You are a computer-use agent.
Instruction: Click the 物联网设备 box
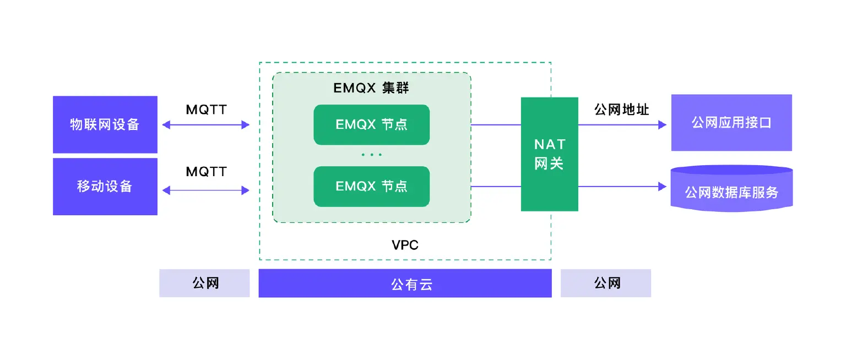pyautogui.click(x=105, y=124)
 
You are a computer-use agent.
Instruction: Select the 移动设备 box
pyautogui.click(x=105, y=187)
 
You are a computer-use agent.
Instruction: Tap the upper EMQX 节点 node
pyautogui.click(x=371, y=125)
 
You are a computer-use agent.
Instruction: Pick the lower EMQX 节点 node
pyautogui.click(x=371, y=187)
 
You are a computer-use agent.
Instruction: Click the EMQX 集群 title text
pyautogui.click(x=371, y=88)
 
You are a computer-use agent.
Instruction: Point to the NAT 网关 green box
pyautogui.click(x=549, y=154)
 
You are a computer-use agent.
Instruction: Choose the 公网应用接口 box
pyautogui.click(x=731, y=123)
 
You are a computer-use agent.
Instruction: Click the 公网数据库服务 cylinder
pyautogui.click(x=731, y=192)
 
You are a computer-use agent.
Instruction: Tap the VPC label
pyautogui.click(x=405, y=245)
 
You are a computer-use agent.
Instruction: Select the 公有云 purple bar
pyautogui.click(x=405, y=283)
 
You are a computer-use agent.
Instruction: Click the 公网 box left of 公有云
pyautogui.click(x=204, y=283)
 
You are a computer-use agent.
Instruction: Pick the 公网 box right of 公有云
pyautogui.click(x=606, y=283)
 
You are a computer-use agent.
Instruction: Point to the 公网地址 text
pyautogui.click(x=621, y=110)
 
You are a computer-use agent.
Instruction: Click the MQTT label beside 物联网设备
pyautogui.click(x=206, y=110)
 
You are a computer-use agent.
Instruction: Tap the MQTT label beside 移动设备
pyautogui.click(x=206, y=172)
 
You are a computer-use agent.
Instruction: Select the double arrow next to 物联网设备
pyautogui.click(x=206, y=125)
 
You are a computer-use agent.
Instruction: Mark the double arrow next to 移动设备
pyautogui.click(x=206, y=190)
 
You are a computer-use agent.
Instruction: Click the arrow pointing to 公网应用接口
pyautogui.click(x=622, y=125)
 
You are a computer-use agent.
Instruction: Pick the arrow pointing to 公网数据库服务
pyautogui.click(x=622, y=187)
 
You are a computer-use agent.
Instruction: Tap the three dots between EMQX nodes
pyautogui.click(x=371, y=155)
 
